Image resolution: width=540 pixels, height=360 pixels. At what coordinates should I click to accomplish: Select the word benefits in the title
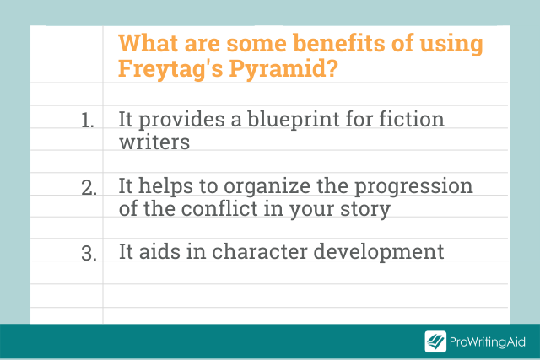pos(339,43)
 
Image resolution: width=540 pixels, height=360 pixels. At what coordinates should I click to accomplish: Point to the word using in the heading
pos(451,45)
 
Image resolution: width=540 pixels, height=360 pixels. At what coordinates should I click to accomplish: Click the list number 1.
pos(88,121)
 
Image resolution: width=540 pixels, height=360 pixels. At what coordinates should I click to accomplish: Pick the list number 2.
pos(89,188)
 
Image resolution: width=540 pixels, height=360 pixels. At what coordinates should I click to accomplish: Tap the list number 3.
pos(89,254)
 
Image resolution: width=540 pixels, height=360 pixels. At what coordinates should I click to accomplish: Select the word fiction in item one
pos(412,119)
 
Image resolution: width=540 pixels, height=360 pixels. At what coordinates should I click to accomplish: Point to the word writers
pos(154,142)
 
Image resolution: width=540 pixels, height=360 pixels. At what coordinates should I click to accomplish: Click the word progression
pos(413,187)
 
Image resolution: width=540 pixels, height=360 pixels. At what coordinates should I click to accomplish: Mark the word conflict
pos(219,208)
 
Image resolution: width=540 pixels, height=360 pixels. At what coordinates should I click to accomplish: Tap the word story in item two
pos(365,210)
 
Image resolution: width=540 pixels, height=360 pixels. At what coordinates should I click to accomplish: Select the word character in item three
pos(259,251)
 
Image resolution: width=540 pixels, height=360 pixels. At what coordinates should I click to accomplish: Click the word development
pos(379,253)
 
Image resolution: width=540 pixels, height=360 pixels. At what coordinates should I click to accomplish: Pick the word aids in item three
pos(159,251)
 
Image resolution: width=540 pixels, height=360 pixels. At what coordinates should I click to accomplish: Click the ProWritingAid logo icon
pos(435,341)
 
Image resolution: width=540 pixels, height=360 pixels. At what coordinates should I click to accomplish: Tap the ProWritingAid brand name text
pos(488,341)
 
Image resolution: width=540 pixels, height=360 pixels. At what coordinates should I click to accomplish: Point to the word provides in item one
pos(181,121)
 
